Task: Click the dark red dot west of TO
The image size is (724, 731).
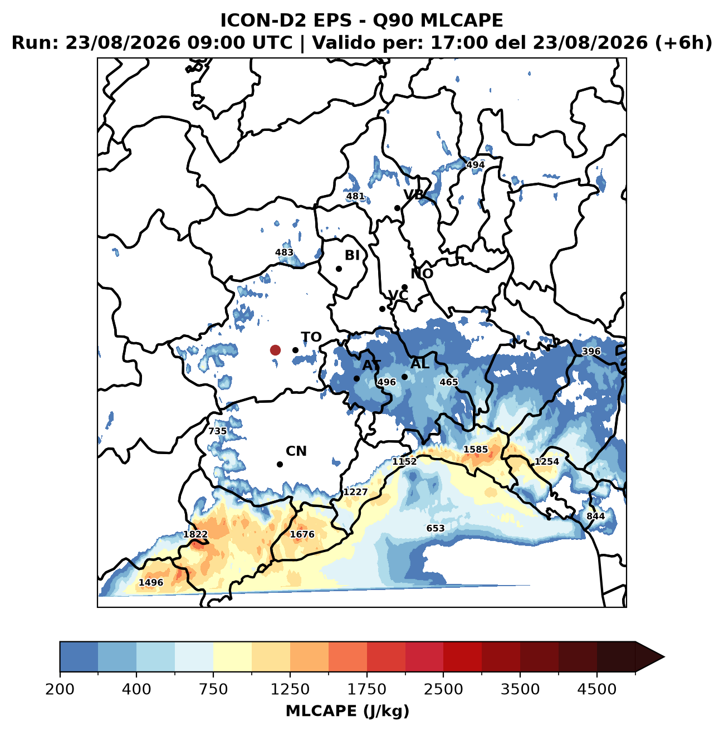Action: pyautogui.click(x=275, y=350)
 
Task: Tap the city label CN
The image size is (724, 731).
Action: pyautogui.click(x=296, y=451)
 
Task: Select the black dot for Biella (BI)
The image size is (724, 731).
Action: pyautogui.click(x=339, y=269)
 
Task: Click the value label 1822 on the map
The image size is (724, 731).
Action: pyautogui.click(x=195, y=534)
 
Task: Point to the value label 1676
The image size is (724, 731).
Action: pyautogui.click(x=302, y=534)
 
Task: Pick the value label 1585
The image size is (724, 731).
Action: pyautogui.click(x=476, y=450)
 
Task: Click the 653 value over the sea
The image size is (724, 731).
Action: pyautogui.click(x=436, y=528)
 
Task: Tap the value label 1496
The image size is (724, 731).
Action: pyautogui.click(x=151, y=582)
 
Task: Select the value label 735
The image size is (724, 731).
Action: pyautogui.click(x=218, y=431)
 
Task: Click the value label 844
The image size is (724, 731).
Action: pyautogui.click(x=595, y=516)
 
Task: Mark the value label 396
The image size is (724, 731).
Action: pyautogui.click(x=591, y=351)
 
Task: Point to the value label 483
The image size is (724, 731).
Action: pyautogui.click(x=284, y=252)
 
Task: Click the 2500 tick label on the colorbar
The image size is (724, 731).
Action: pyautogui.click(x=443, y=689)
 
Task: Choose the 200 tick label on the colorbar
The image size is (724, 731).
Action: pyautogui.click(x=60, y=689)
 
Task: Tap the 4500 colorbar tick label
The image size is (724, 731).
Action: pyautogui.click(x=597, y=689)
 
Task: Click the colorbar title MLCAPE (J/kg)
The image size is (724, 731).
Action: pyautogui.click(x=348, y=711)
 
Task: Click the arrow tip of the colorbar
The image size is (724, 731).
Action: pyautogui.click(x=664, y=657)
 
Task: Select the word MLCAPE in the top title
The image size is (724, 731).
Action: pyautogui.click(x=462, y=21)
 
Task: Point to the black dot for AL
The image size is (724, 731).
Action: pyautogui.click(x=405, y=377)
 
